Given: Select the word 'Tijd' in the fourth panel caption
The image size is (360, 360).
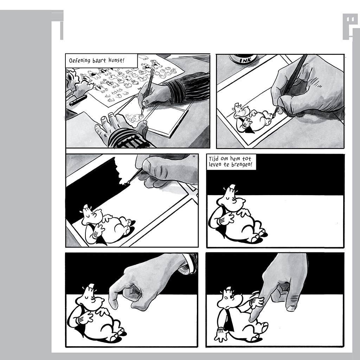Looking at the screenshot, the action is tap(213, 159).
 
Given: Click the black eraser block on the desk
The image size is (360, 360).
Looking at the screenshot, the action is tap(78, 100).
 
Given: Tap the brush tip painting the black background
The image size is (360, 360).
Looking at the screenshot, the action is tap(127, 183).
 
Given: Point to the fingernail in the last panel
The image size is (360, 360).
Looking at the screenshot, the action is tap(291, 308).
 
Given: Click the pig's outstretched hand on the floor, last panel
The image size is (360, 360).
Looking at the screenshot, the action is tap(220, 334).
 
